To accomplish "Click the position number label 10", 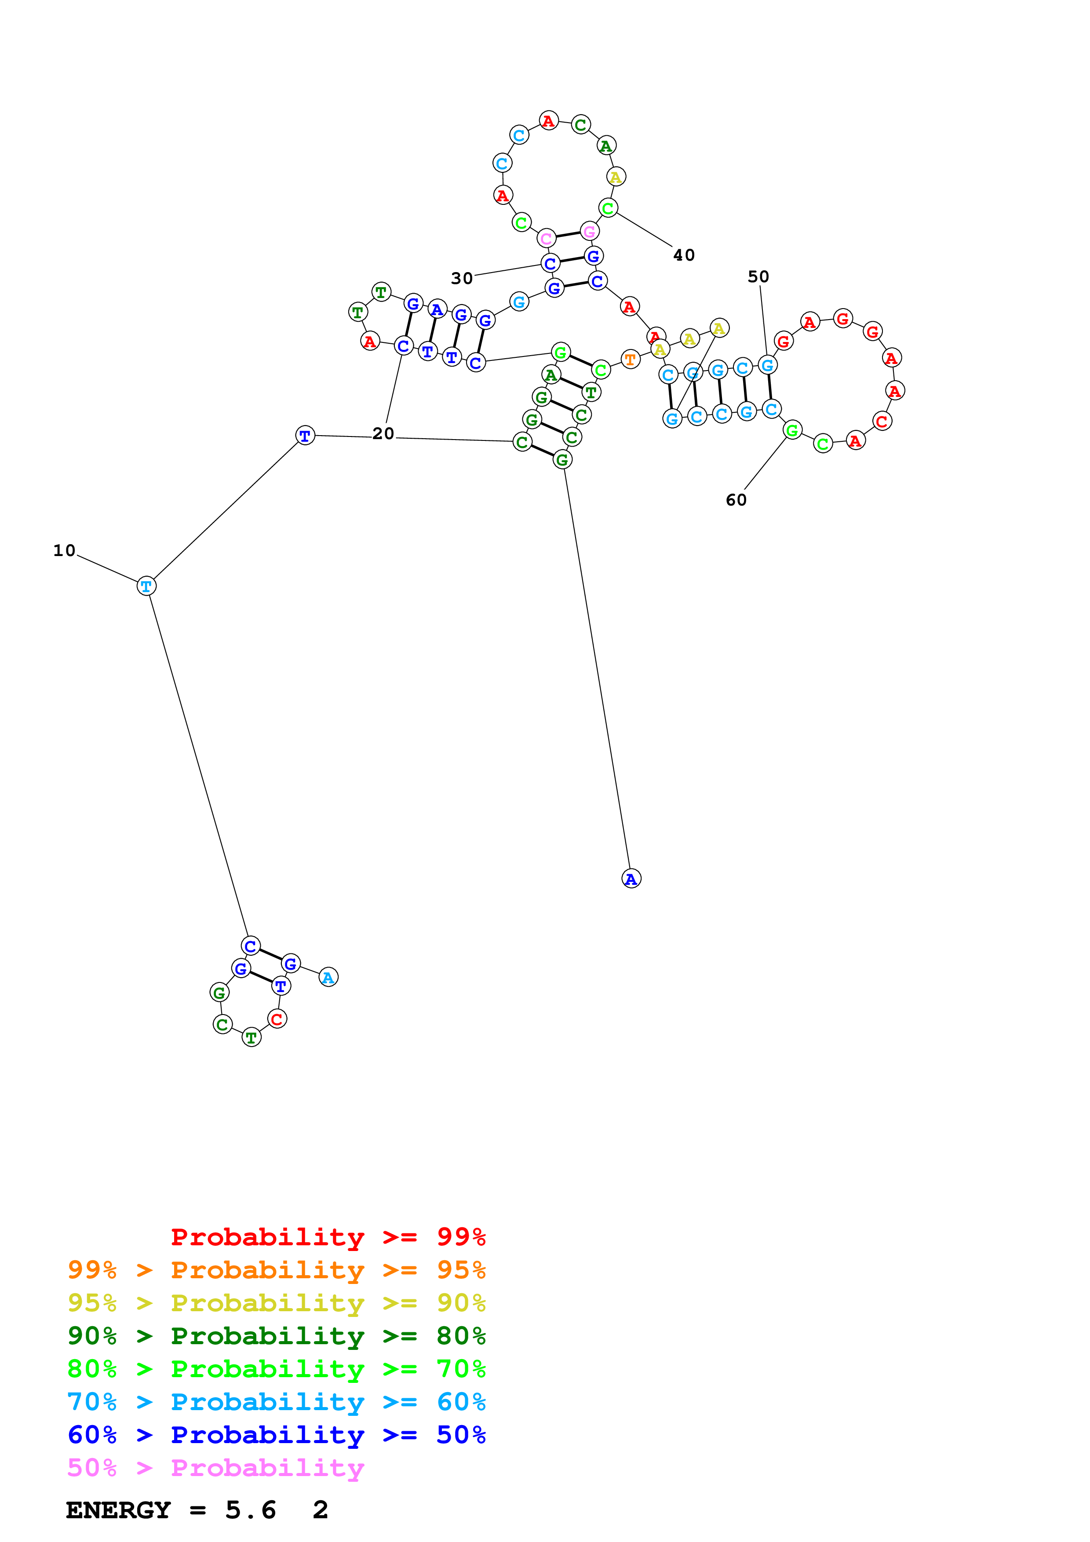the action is (65, 551).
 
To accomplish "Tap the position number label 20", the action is (383, 434).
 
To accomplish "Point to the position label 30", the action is (462, 278).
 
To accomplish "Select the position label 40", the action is (684, 255).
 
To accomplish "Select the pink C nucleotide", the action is (547, 238).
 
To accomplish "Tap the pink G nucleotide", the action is (590, 232).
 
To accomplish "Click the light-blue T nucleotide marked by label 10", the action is (146, 586).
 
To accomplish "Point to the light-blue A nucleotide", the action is (328, 977).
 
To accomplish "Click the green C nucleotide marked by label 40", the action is (608, 208).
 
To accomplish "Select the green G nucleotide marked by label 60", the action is (792, 430).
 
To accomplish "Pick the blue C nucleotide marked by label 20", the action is (403, 346).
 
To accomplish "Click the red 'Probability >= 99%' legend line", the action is (328, 1237).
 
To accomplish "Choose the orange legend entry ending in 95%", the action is (277, 1270).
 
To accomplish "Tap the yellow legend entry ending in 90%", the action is (277, 1303).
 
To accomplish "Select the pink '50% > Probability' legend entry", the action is (215, 1467).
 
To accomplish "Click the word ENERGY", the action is (118, 1510).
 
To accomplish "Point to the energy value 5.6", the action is (251, 1510).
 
